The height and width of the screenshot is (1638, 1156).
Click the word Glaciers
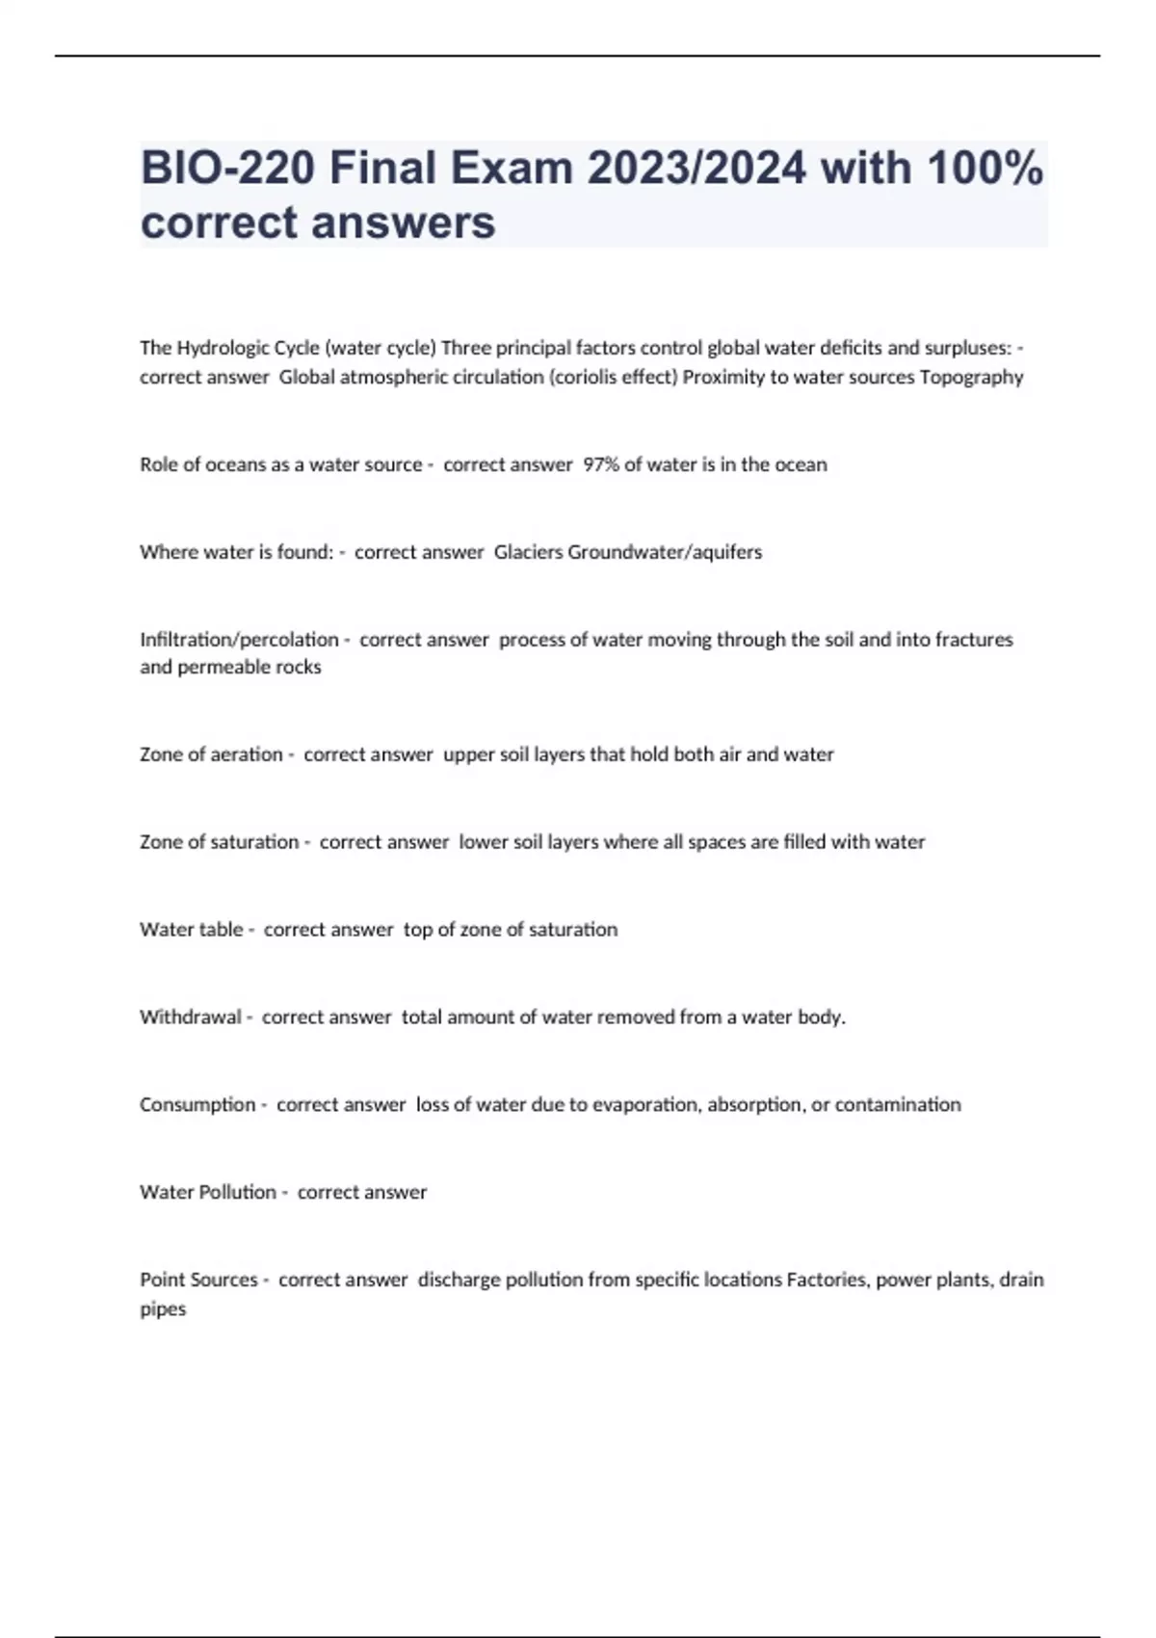[x=529, y=552]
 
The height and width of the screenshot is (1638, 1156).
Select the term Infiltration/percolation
[x=239, y=640]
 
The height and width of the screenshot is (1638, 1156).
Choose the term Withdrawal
[x=190, y=1017]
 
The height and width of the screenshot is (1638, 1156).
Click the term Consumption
[x=197, y=1104]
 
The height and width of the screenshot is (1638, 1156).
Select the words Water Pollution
[x=208, y=1192]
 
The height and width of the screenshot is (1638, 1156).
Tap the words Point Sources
[x=198, y=1280]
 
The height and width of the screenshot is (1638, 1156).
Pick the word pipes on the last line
[x=163, y=1309]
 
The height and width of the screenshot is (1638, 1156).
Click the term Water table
[x=191, y=929]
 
